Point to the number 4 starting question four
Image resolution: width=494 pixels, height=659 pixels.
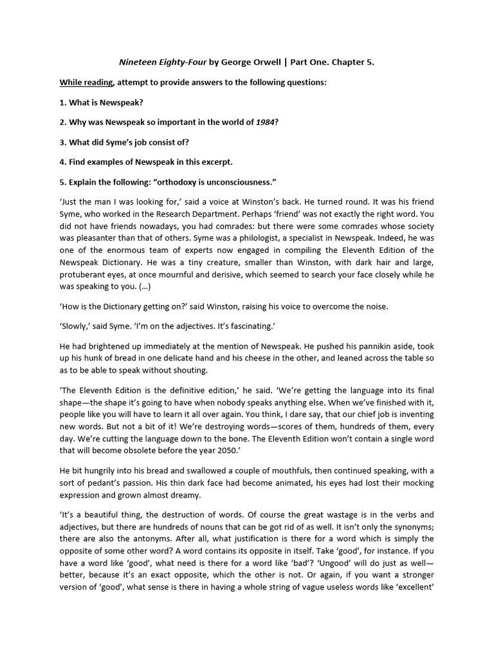(x=63, y=163)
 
